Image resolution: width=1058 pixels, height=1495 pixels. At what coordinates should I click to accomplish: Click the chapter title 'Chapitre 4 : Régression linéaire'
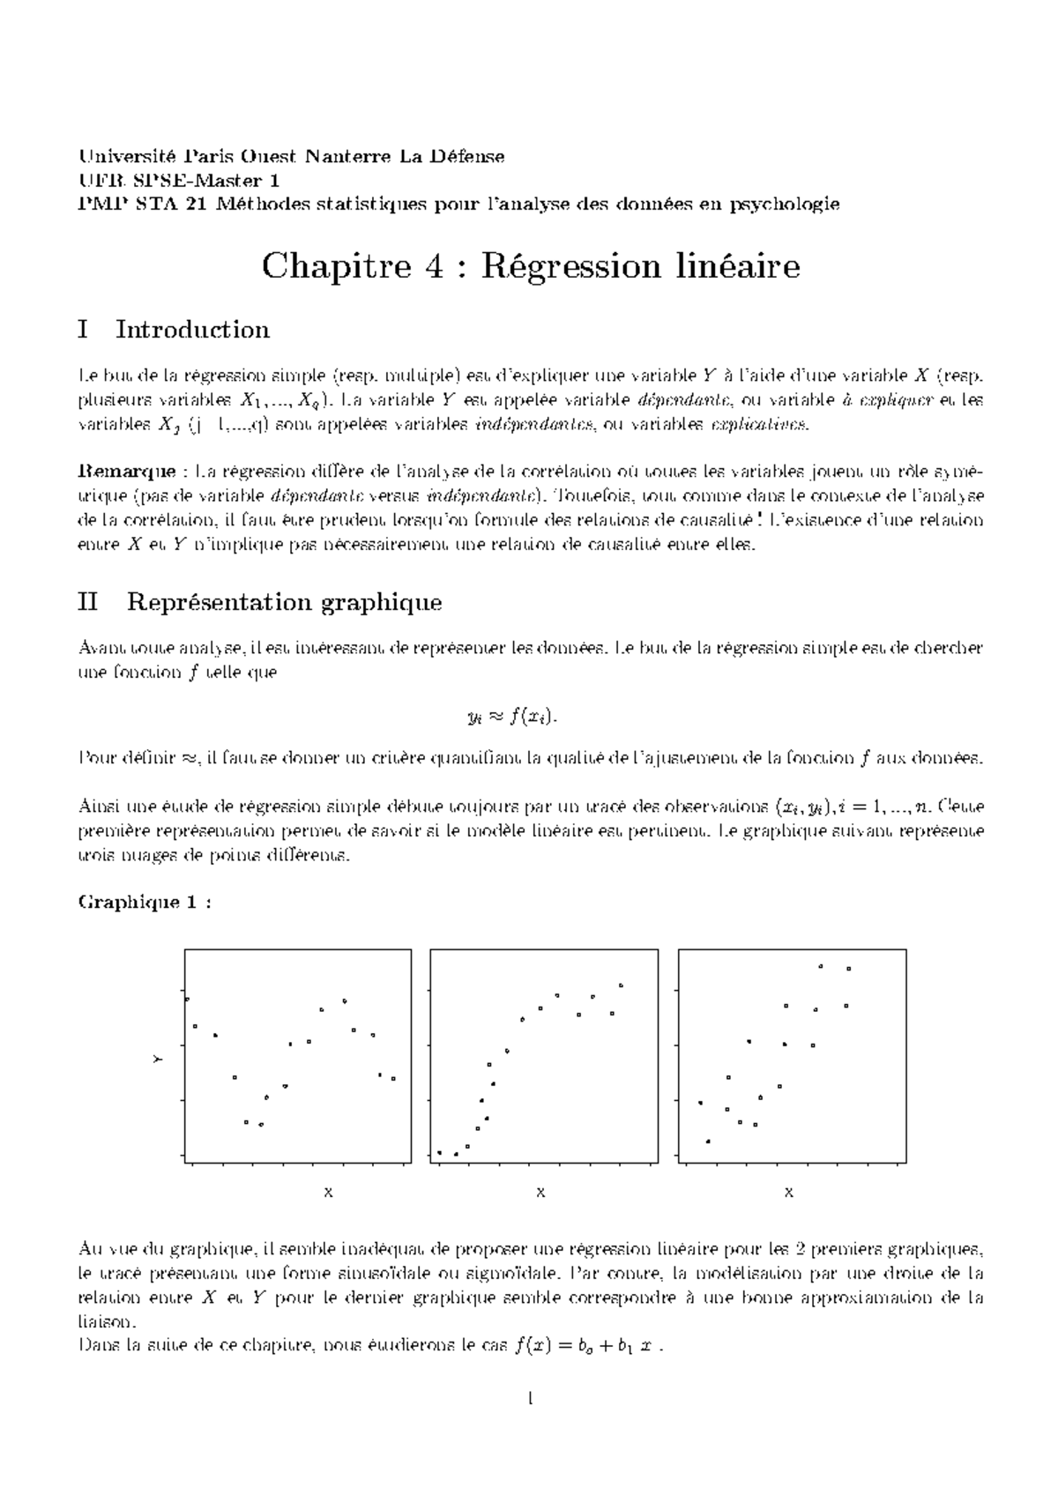point(530,266)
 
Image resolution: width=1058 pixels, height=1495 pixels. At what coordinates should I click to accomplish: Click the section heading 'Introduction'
point(192,330)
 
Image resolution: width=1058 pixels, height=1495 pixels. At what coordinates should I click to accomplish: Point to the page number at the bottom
point(530,1398)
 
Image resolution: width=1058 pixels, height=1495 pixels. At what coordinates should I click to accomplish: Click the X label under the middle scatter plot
point(540,1193)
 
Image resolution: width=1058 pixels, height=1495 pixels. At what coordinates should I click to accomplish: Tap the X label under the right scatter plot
point(789,1193)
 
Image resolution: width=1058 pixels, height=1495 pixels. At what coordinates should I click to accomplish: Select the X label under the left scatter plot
point(328,1193)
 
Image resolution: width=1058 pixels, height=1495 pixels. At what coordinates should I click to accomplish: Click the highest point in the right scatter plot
point(821,966)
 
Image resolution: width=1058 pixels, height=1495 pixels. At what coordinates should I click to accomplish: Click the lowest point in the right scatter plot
point(708,1142)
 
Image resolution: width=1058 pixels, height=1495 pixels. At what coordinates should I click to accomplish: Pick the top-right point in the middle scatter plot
point(621,985)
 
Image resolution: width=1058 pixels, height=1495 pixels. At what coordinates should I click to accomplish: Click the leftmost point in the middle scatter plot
point(440,1152)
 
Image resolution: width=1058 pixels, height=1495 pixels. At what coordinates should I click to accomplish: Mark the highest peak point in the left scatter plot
point(344,1000)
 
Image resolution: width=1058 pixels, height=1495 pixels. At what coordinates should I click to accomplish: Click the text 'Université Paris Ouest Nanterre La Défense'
point(291,157)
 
